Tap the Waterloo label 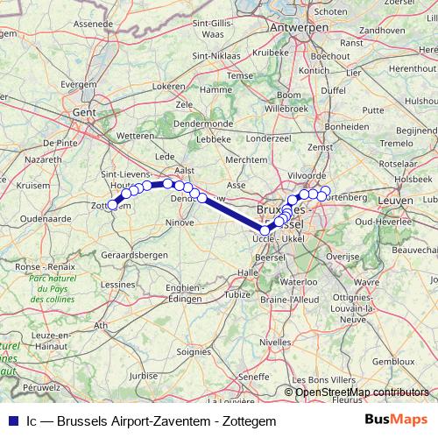pyautogui.click(x=300, y=282)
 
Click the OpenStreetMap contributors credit pyautogui.click(x=362, y=392)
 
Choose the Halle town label pyautogui.click(x=248, y=272)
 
